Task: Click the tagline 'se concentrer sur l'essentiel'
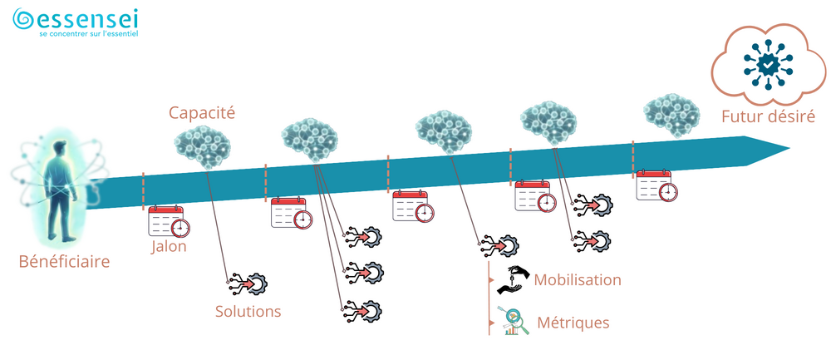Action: click(88, 35)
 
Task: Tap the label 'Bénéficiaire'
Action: click(64, 262)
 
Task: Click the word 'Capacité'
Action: click(201, 111)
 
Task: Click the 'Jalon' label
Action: click(169, 246)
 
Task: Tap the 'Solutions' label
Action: click(248, 312)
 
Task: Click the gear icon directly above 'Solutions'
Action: click(247, 283)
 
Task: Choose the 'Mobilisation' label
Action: click(578, 279)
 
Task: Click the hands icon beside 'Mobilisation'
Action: click(514, 280)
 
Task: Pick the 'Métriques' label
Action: click(573, 323)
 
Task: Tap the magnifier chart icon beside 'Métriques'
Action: click(514, 322)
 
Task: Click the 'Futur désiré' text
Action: click(768, 117)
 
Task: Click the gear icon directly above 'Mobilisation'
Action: click(500, 245)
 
